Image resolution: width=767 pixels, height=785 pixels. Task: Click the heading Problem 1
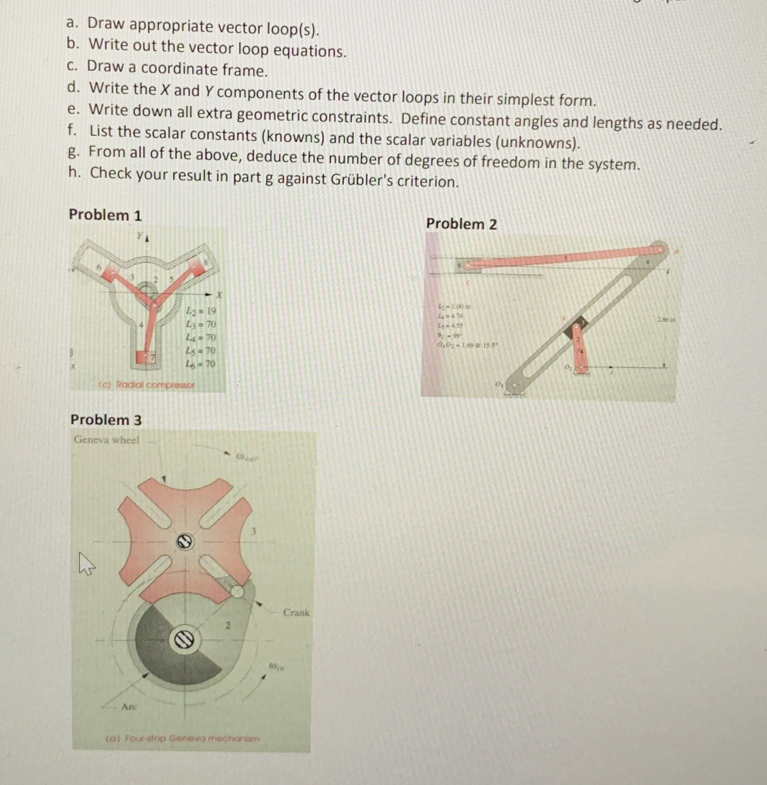(x=105, y=215)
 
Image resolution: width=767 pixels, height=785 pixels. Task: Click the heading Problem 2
(x=461, y=224)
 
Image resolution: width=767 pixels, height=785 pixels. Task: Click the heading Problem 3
(x=106, y=420)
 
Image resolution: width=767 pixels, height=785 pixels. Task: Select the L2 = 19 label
(x=201, y=311)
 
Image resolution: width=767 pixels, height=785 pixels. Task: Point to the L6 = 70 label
(x=201, y=364)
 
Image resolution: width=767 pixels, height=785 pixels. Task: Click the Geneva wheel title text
(x=106, y=439)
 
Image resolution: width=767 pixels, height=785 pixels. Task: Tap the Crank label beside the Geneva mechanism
(x=296, y=613)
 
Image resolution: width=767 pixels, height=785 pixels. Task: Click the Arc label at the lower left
(x=129, y=706)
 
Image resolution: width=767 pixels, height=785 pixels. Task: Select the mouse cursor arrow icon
(x=86, y=563)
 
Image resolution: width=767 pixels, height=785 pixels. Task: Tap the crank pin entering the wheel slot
(x=237, y=591)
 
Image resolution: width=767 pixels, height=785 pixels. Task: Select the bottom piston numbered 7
(x=144, y=357)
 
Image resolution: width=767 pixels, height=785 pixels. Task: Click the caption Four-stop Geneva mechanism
(x=183, y=739)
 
